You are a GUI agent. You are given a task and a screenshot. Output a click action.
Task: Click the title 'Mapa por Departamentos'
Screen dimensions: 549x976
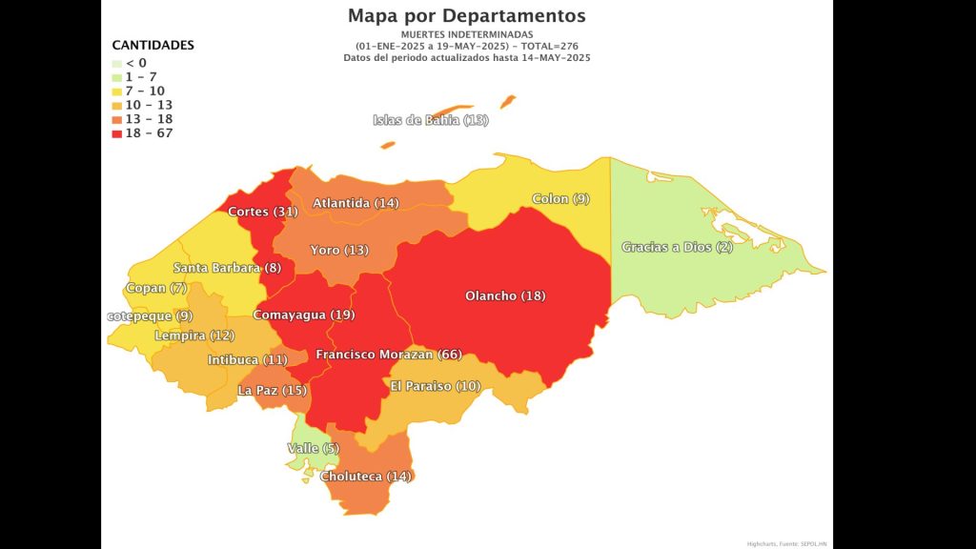click(467, 15)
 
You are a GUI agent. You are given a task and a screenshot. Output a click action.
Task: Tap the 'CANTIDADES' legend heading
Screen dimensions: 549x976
click(152, 45)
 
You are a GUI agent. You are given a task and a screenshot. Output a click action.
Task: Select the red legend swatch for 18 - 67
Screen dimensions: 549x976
click(116, 133)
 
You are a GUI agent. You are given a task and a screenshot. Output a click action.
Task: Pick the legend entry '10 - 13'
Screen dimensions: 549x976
click(148, 105)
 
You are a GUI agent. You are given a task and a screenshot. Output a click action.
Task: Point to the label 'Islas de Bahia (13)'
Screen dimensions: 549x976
click(430, 120)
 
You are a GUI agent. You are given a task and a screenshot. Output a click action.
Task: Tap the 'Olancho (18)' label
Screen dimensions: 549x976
click(505, 295)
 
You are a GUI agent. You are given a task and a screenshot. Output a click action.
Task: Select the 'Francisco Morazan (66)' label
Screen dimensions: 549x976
click(389, 355)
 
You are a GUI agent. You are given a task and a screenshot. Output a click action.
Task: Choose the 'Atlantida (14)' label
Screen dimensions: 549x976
click(356, 203)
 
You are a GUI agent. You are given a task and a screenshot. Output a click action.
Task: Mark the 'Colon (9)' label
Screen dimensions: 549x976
click(561, 199)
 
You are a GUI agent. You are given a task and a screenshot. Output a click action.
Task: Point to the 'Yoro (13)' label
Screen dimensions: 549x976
click(339, 250)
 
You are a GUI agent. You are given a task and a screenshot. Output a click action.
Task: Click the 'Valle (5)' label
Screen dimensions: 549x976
click(313, 448)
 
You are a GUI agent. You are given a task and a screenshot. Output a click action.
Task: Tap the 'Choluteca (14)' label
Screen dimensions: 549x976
click(366, 477)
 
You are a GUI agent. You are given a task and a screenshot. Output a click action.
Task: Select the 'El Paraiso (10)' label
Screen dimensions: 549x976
click(436, 386)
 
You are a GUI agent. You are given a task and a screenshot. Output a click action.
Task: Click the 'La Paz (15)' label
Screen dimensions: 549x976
click(272, 390)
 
